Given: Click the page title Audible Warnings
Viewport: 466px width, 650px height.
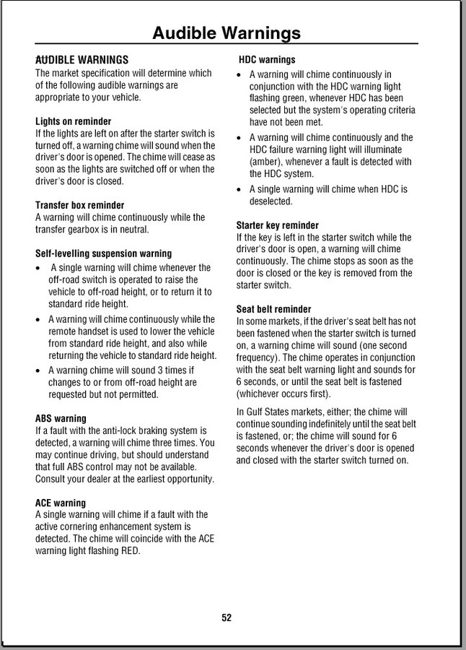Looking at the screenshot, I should tap(227, 32).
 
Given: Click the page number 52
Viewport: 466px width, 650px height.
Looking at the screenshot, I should tap(227, 617).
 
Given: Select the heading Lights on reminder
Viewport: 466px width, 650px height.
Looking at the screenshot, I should tap(73, 121).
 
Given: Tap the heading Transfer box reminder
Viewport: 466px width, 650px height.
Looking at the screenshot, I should tap(79, 205).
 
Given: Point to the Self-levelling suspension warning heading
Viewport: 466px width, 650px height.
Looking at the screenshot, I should tap(103, 253).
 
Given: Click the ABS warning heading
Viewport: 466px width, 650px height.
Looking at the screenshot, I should tap(61, 418).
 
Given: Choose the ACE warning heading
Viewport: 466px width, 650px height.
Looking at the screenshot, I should tap(61, 503).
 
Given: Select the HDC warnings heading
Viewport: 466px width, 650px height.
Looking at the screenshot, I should tap(267, 60).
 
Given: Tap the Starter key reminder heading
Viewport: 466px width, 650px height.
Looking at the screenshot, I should tap(278, 225).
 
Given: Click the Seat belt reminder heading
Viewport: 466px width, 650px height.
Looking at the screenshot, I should tap(274, 309).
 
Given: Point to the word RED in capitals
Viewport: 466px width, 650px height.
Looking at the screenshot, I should tap(130, 550).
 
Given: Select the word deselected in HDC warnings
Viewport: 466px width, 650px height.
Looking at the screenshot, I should tap(271, 201).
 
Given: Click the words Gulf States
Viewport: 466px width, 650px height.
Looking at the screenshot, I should tap(269, 412).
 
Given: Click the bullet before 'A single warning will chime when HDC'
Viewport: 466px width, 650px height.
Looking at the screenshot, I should tap(240, 190).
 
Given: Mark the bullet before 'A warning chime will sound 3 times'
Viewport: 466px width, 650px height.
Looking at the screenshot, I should tap(39, 370).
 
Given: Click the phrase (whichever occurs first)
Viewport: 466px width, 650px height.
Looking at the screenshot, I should tap(283, 394).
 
